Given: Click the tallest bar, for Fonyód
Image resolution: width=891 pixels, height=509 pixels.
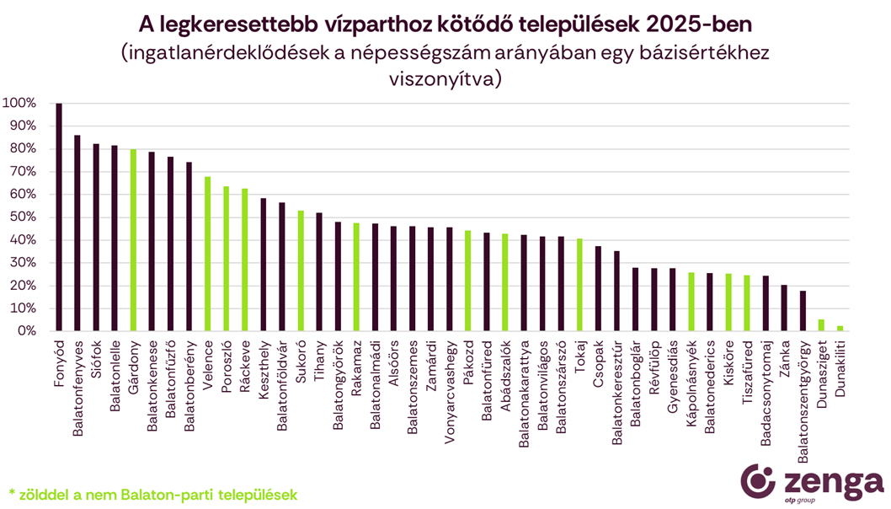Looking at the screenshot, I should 59,217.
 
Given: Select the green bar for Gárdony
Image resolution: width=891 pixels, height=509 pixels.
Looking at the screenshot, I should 133,240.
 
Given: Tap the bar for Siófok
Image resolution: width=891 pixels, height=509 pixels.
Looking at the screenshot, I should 96,238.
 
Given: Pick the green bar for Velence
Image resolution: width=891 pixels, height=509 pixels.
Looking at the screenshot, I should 208,254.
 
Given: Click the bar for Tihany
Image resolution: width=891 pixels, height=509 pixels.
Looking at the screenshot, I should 319,272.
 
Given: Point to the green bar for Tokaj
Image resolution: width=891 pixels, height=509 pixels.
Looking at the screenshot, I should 579,285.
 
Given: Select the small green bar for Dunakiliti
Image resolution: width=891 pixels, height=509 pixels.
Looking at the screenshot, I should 840,329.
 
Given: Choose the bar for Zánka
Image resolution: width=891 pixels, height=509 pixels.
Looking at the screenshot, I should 784,308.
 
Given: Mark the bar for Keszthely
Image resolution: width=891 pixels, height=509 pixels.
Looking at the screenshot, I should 264,265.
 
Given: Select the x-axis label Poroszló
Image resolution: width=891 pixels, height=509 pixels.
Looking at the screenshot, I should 227,362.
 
